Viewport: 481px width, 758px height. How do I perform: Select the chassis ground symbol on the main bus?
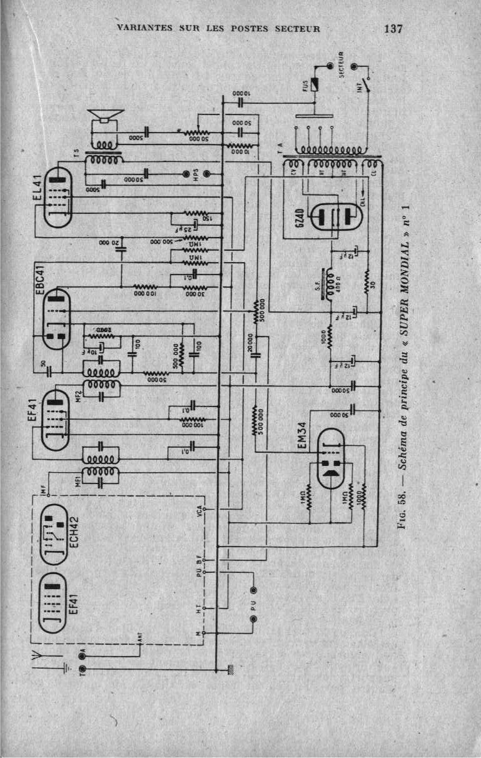tap(231, 669)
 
